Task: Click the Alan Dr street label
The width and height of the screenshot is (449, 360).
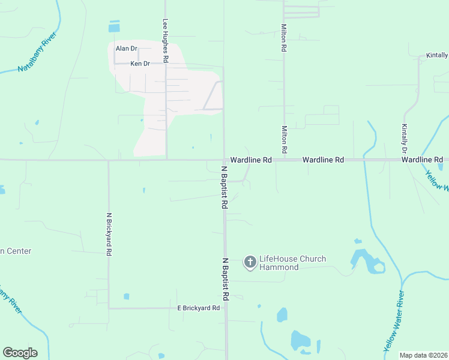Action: click(127, 49)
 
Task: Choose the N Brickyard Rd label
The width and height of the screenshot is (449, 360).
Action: click(109, 234)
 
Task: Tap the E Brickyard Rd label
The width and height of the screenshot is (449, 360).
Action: click(198, 308)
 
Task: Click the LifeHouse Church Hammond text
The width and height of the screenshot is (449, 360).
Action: click(292, 263)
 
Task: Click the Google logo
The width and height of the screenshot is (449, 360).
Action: click(20, 353)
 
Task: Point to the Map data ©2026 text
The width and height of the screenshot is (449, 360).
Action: click(423, 355)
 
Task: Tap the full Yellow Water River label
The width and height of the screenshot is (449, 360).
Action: click(394, 321)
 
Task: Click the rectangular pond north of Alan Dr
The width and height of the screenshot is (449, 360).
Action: click(114, 26)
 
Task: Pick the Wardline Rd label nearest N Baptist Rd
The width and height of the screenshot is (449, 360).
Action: click(252, 160)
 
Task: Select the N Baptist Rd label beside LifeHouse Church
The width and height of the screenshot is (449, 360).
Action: click(226, 280)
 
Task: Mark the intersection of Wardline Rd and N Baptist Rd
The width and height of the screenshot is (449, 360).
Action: click(224, 160)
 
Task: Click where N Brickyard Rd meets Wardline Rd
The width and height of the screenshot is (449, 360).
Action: click(109, 160)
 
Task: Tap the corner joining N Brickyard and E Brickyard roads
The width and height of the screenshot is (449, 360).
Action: click(109, 308)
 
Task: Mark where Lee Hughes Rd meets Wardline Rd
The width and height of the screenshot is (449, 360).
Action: click(166, 160)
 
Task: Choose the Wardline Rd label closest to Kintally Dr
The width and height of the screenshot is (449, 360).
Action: click(422, 160)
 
